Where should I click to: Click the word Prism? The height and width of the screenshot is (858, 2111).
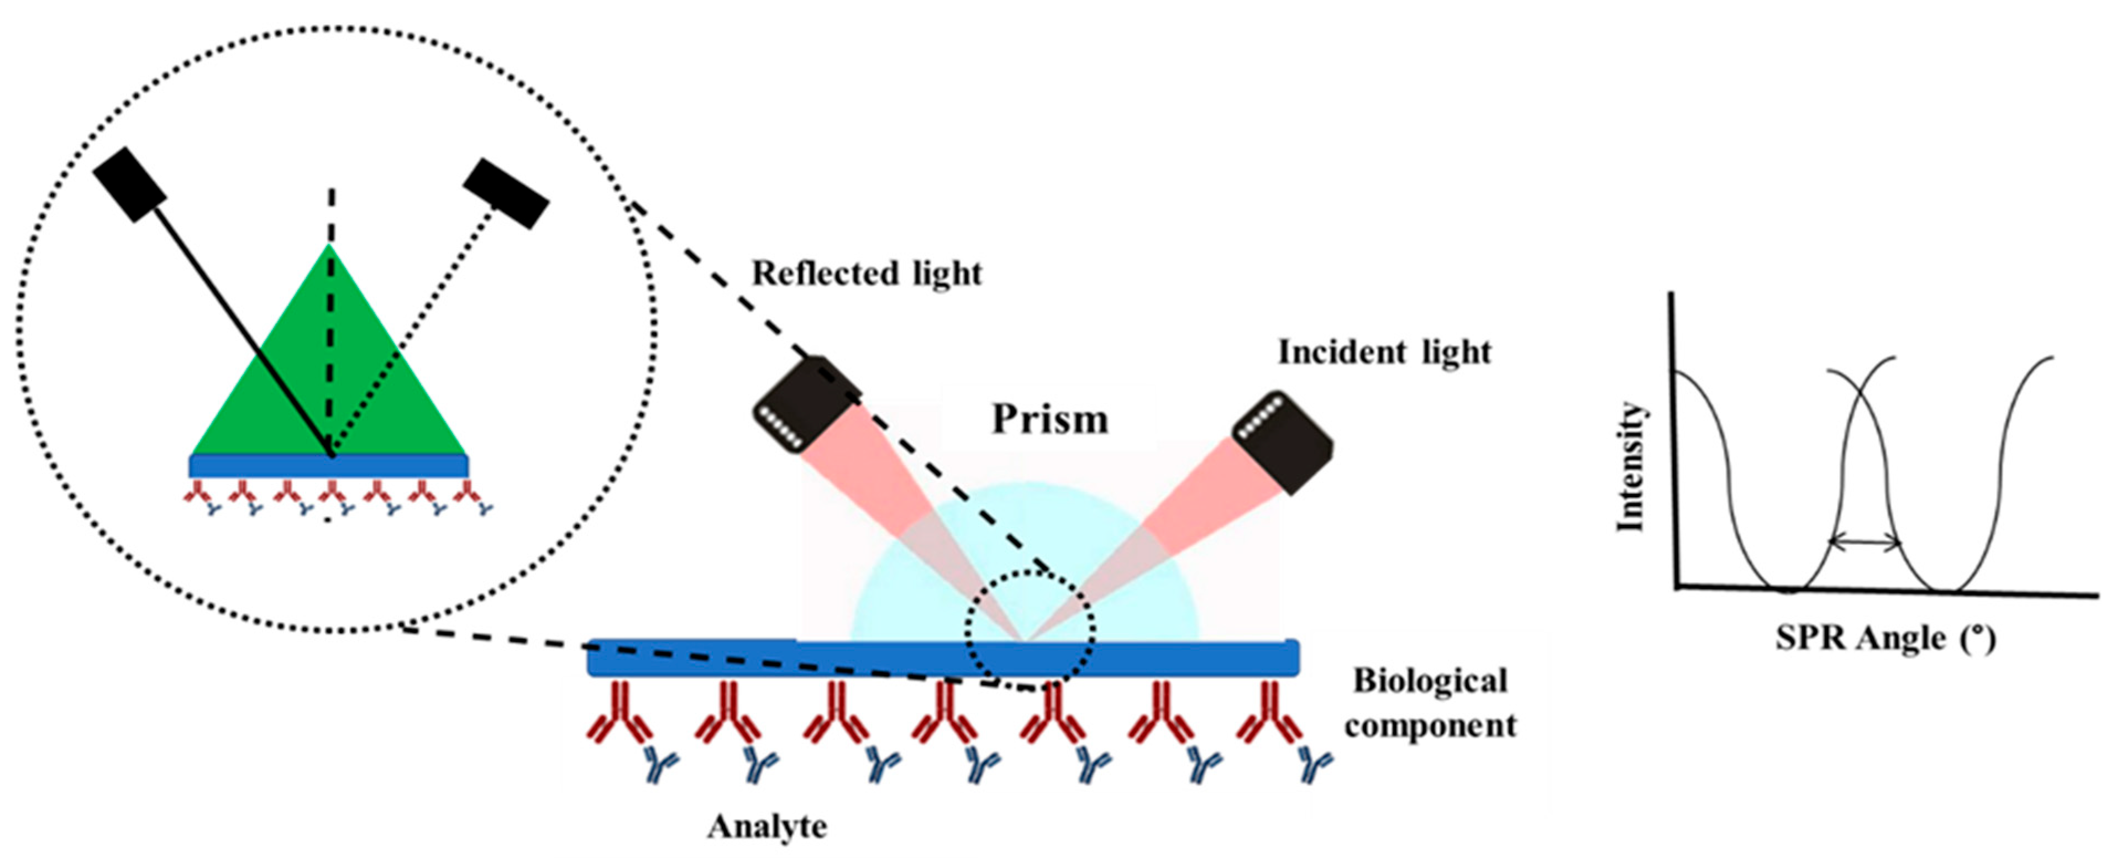point(1050,419)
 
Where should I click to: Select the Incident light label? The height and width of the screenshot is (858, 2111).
point(1384,352)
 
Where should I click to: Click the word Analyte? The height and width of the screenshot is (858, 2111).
point(767,826)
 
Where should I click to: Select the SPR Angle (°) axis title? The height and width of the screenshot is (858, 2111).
point(1886,638)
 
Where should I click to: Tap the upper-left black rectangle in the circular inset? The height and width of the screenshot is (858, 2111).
point(129,185)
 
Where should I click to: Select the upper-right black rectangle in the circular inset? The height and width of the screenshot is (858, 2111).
point(506,193)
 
